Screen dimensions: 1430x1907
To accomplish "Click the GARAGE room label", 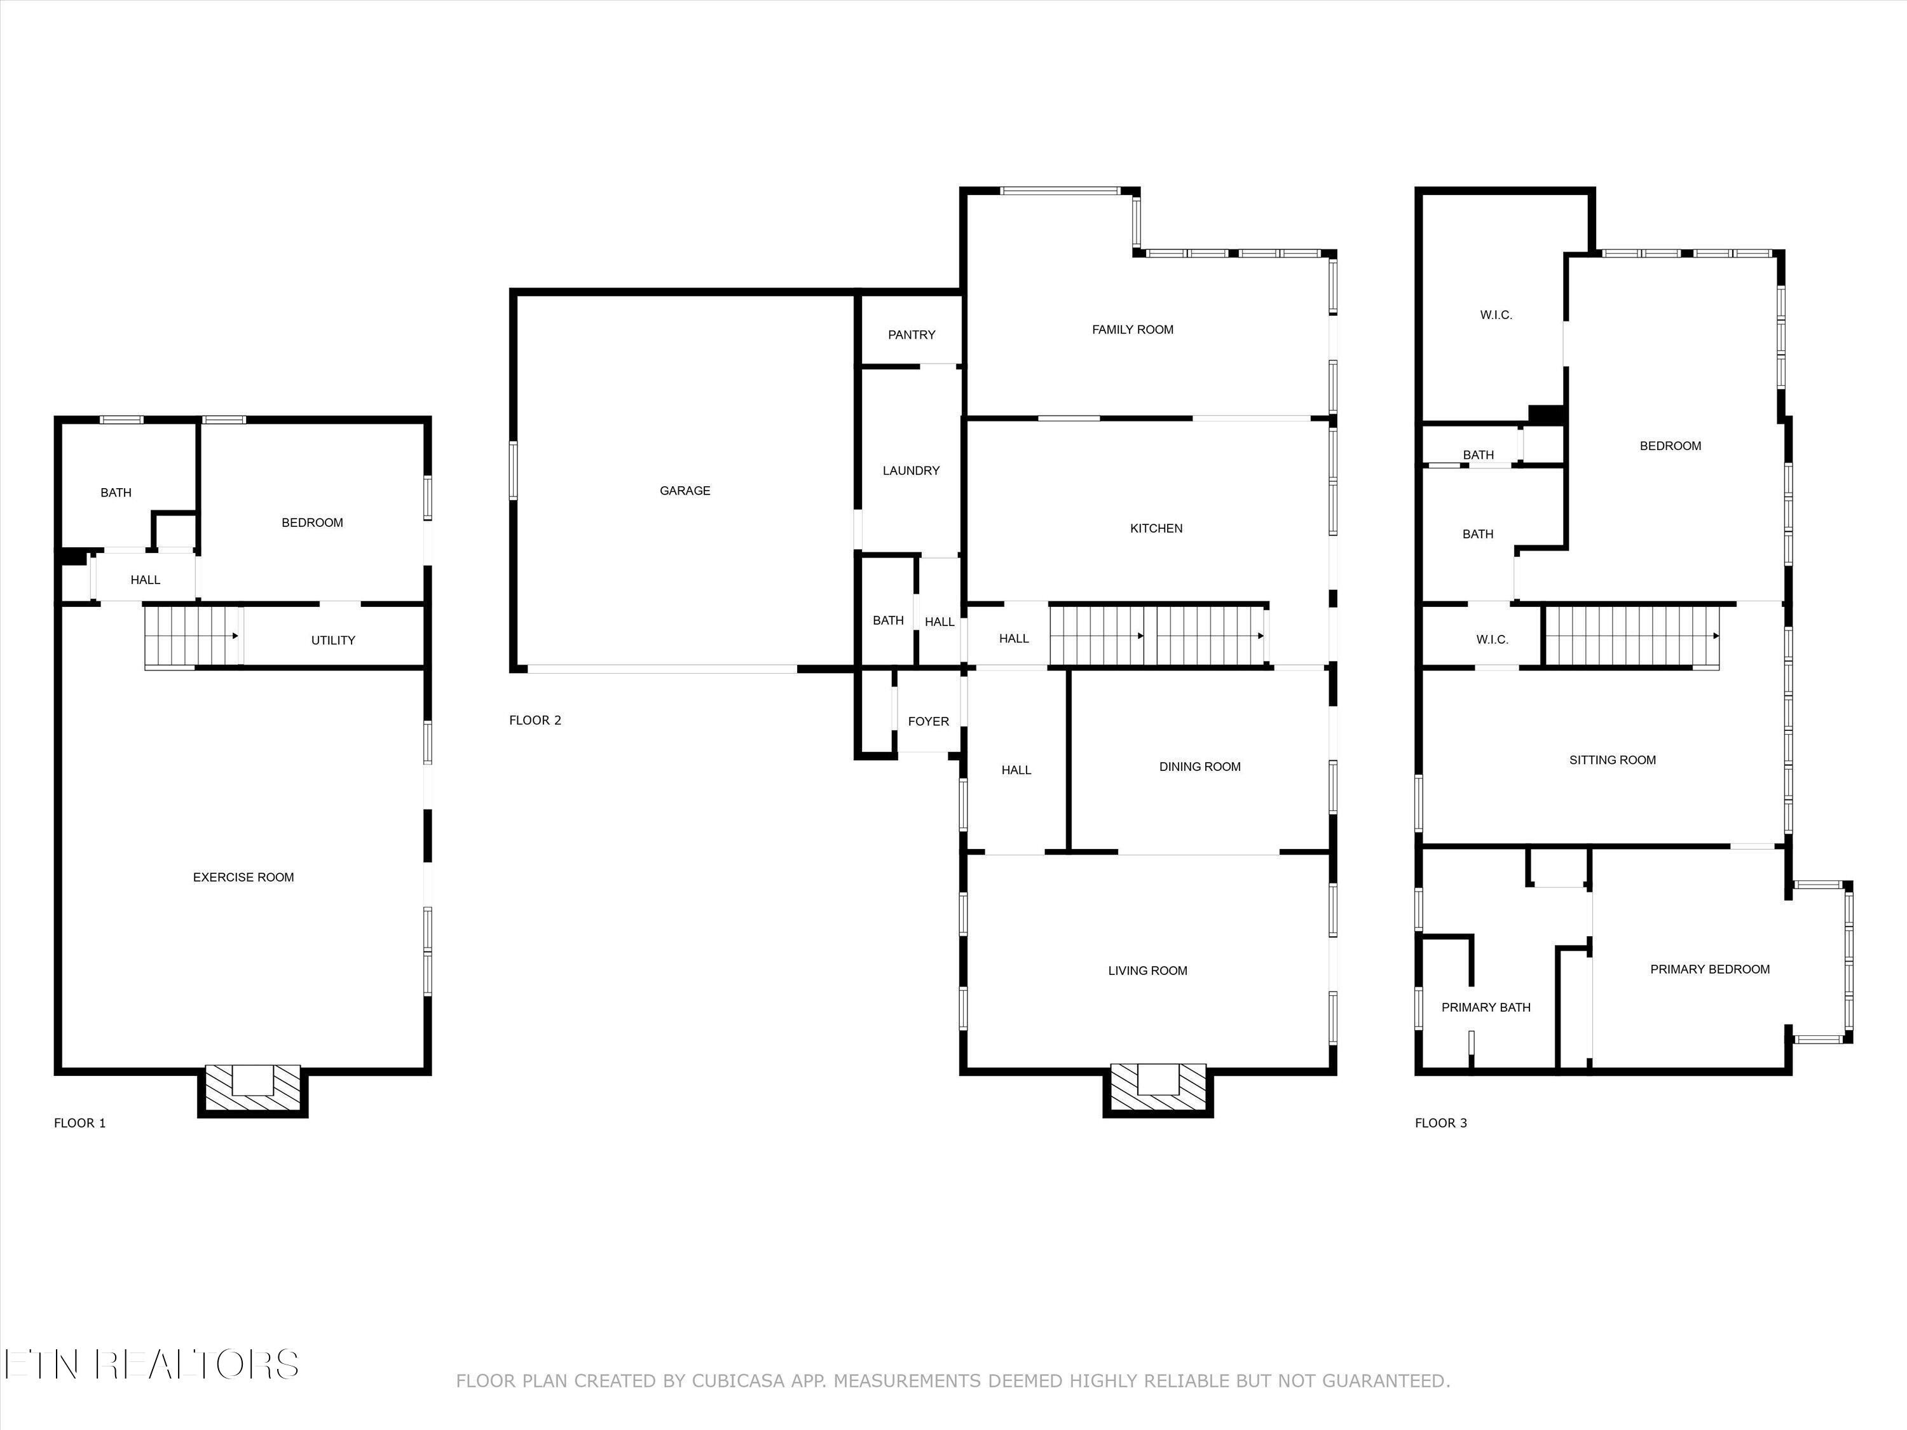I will [x=685, y=491].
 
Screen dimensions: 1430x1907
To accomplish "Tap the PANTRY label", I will [x=912, y=334].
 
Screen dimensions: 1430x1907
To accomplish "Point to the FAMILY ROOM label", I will [x=1132, y=329].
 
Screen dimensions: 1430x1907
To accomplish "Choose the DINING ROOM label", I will [x=1200, y=766].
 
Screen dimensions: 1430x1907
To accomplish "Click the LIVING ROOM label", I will [x=1147, y=970].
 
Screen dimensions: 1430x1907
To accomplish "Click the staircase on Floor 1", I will [x=191, y=636].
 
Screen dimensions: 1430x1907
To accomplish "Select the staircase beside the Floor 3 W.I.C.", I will [x=1631, y=636].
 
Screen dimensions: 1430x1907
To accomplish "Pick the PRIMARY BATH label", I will [x=1486, y=1007].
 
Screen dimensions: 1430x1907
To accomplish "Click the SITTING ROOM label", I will [x=1611, y=760].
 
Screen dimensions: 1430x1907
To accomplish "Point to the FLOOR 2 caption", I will [x=535, y=721].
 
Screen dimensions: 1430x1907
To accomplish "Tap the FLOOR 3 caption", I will [x=1440, y=1123].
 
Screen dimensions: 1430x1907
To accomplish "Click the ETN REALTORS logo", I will [x=152, y=1365].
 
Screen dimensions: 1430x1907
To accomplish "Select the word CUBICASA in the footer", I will [x=737, y=1381].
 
